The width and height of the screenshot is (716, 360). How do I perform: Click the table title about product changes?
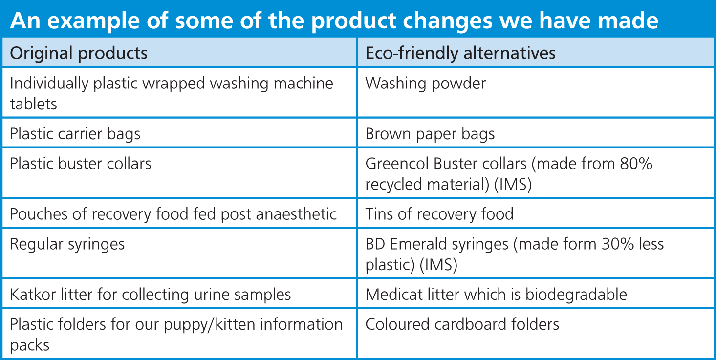click(334, 21)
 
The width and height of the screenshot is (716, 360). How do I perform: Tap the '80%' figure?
click(636, 164)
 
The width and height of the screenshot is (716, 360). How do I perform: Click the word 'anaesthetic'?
click(296, 214)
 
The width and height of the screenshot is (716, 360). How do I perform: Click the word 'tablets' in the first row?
click(33, 104)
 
